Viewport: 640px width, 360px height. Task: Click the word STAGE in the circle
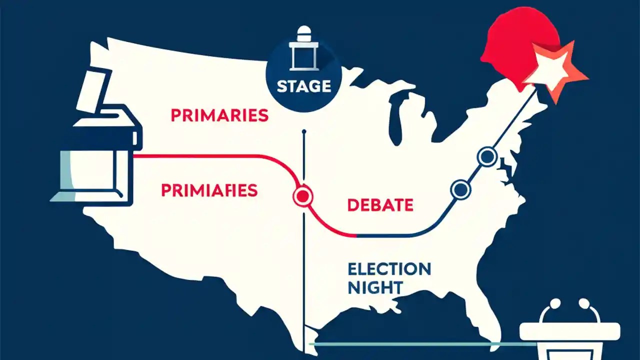(x=304, y=86)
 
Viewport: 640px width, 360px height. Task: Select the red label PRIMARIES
(x=219, y=115)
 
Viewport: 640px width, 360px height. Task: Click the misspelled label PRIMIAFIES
(x=209, y=190)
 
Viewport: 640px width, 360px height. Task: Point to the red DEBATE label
(x=380, y=204)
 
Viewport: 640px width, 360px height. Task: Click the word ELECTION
(x=389, y=269)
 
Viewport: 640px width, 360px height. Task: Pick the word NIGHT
(x=375, y=287)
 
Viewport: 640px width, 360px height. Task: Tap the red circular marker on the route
(x=302, y=196)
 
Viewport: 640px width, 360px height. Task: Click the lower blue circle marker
(x=460, y=189)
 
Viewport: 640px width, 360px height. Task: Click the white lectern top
(x=570, y=331)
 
